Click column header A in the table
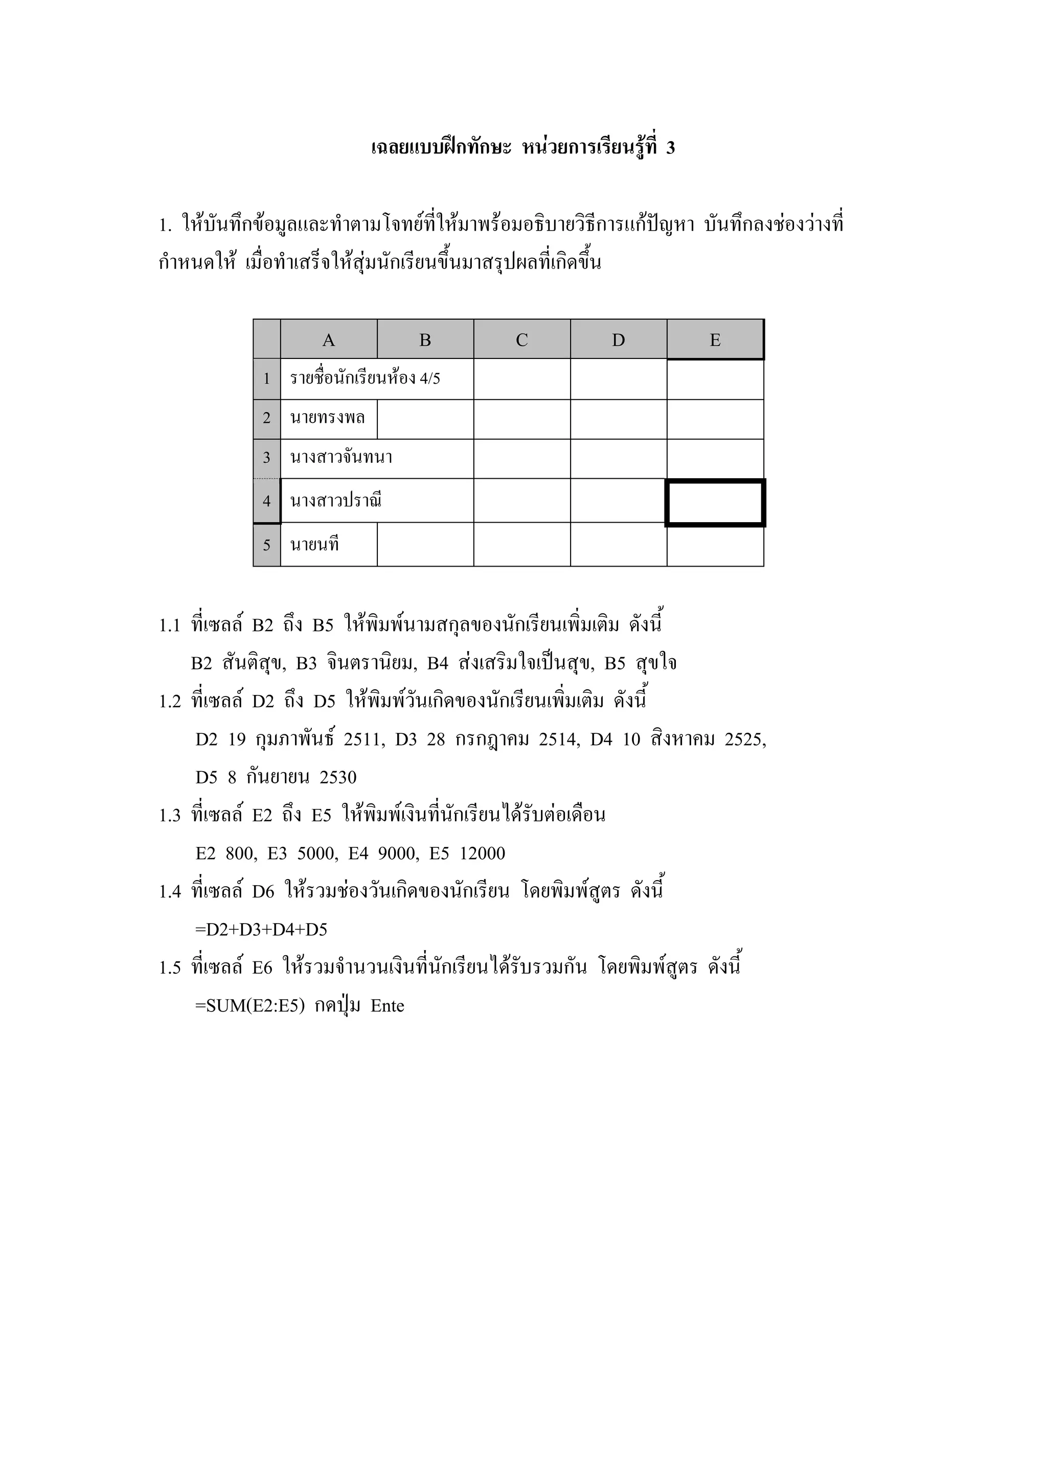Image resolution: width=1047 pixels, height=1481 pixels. click(x=328, y=340)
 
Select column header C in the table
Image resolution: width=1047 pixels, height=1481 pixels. click(x=521, y=340)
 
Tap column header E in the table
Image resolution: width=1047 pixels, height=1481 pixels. click(x=715, y=340)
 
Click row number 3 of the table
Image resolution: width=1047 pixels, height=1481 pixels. click(x=266, y=458)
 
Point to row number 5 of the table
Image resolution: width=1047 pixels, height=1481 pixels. click(x=266, y=545)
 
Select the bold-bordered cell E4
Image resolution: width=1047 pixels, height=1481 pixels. click(x=715, y=503)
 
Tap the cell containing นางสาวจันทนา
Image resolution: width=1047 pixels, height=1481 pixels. click(x=341, y=458)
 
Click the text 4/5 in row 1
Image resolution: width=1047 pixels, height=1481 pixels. click(x=429, y=378)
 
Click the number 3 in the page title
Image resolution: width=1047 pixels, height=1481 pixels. click(x=671, y=148)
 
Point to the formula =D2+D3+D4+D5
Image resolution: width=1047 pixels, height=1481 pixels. click(x=261, y=930)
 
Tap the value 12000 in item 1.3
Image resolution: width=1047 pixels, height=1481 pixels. click(x=482, y=854)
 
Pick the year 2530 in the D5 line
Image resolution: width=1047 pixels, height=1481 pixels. click(x=338, y=777)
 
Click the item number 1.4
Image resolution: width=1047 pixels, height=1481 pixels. click(x=170, y=892)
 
